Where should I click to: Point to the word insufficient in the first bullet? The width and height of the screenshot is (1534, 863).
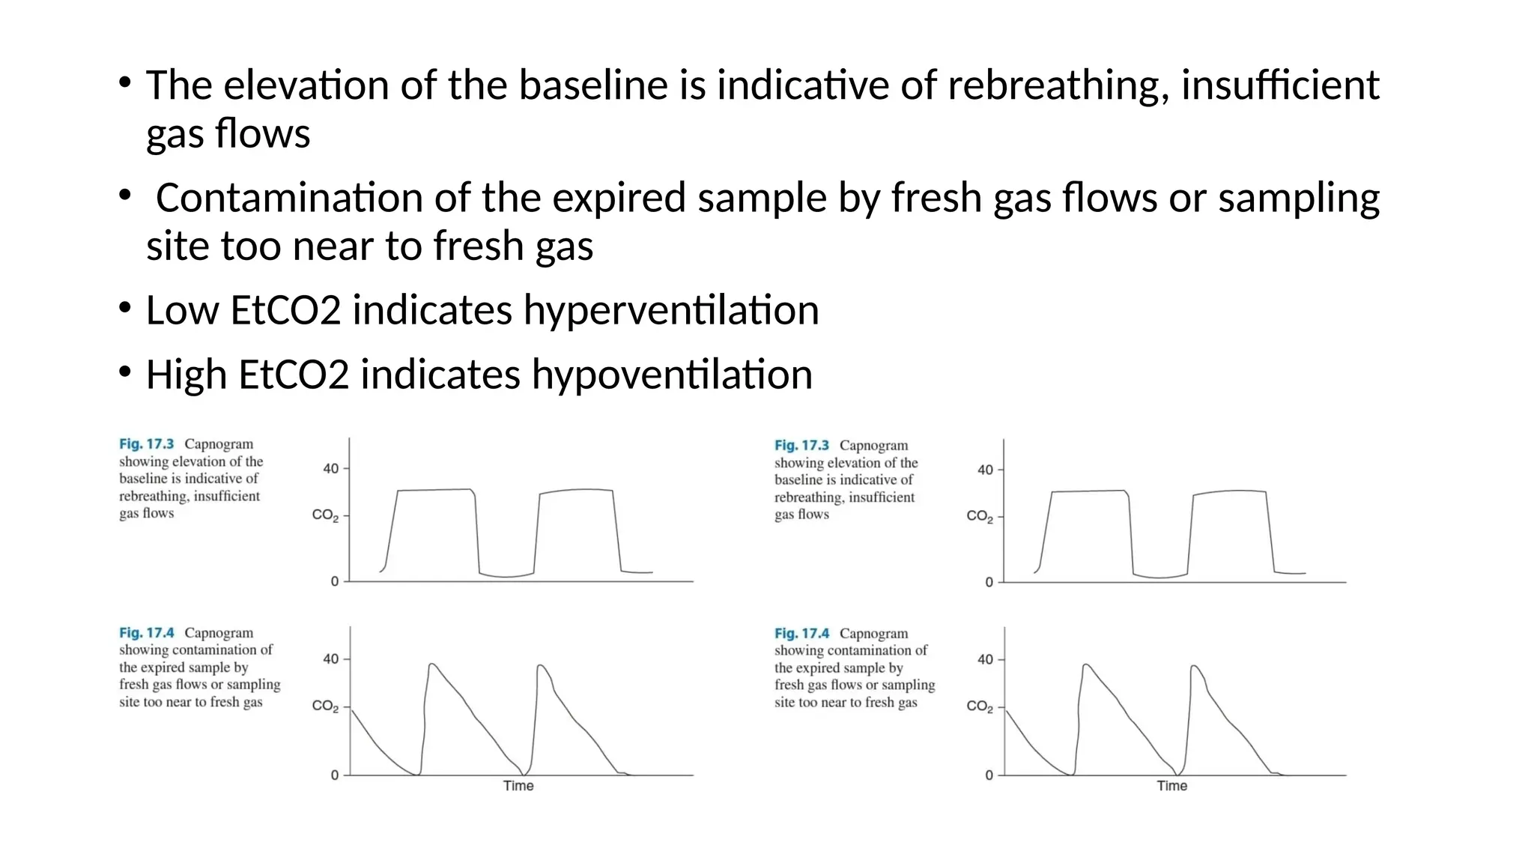pyautogui.click(x=1279, y=85)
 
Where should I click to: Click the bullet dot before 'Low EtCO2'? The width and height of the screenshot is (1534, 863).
pyautogui.click(x=125, y=307)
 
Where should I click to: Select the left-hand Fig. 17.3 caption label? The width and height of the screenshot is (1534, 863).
pyautogui.click(x=146, y=444)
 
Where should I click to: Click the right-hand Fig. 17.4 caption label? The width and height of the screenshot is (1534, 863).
pyautogui.click(x=801, y=634)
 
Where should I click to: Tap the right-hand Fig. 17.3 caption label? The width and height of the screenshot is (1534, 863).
pyautogui.click(x=801, y=446)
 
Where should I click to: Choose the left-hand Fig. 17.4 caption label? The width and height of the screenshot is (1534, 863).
pyautogui.click(x=146, y=633)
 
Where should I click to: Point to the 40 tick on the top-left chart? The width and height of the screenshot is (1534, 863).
pyautogui.click(x=330, y=469)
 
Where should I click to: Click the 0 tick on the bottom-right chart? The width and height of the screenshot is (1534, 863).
pyautogui.click(x=989, y=775)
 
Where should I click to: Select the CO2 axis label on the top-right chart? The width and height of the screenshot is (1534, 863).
pyautogui.click(x=979, y=516)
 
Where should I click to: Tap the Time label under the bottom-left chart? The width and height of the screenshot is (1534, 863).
pyautogui.click(x=518, y=786)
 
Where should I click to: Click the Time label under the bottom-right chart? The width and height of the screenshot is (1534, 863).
pyautogui.click(x=1171, y=786)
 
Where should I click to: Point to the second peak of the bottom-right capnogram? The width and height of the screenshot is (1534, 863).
pyautogui.click(x=1194, y=666)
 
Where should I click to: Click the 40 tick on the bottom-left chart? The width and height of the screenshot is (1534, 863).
pyautogui.click(x=330, y=659)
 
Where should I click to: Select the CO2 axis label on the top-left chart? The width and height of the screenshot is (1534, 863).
pyautogui.click(x=325, y=515)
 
